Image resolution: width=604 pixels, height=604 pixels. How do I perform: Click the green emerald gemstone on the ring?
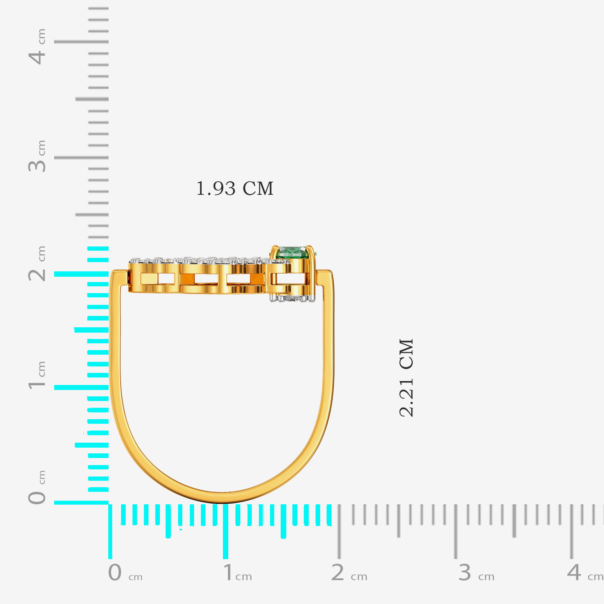pyautogui.click(x=292, y=252)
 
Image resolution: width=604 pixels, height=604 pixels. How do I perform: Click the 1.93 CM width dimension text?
pyautogui.click(x=235, y=188)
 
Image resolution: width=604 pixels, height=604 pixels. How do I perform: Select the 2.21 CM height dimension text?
pyautogui.click(x=406, y=377)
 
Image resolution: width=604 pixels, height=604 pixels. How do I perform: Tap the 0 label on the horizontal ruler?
pyautogui.click(x=115, y=573)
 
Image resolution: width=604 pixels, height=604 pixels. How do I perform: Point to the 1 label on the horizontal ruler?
pyautogui.click(x=228, y=573)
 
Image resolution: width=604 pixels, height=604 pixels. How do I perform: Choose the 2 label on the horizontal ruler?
pyautogui.click(x=338, y=573)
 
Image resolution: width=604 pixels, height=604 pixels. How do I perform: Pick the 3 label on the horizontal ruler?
pyautogui.click(x=465, y=573)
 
